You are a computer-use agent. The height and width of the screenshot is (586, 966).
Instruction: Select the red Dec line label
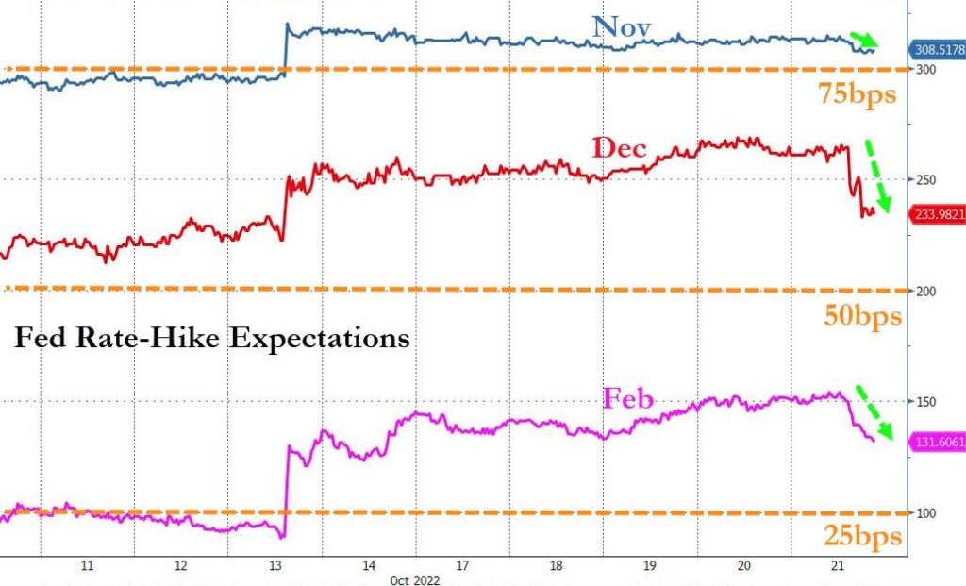pos(619,148)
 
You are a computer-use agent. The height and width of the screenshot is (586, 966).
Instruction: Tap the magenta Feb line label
pos(628,399)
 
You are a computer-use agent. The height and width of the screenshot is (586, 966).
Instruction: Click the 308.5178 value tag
pos(937,50)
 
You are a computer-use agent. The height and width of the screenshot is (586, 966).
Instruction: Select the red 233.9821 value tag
pos(937,215)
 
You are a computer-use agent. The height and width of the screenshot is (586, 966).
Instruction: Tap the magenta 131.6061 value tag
pos(937,442)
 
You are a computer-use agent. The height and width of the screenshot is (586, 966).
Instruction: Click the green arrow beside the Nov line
pos(864,40)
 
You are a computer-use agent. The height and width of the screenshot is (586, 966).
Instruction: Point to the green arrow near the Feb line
pos(874,415)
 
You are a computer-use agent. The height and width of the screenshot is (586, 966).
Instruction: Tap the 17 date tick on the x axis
pos(462,566)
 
